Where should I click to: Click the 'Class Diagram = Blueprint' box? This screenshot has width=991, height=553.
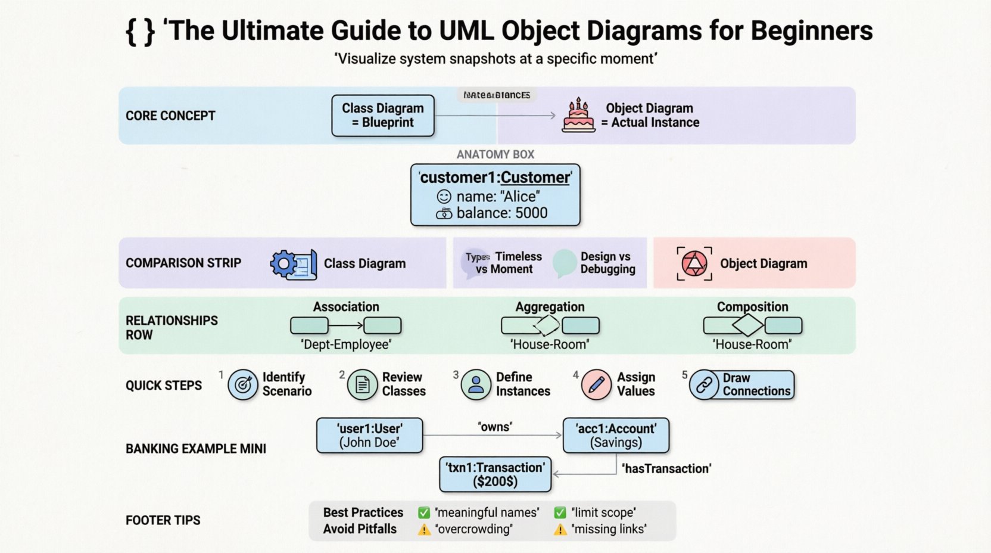click(382, 116)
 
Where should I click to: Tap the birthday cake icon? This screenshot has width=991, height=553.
click(578, 116)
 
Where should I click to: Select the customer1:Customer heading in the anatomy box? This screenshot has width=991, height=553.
click(495, 178)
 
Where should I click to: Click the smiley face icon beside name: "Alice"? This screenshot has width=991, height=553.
click(444, 197)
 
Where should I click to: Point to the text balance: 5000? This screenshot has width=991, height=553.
click(501, 213)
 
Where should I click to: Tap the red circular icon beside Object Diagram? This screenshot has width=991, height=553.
click(694, 263)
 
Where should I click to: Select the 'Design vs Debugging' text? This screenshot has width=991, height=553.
click(607, 263)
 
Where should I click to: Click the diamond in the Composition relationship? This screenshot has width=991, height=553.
click(748, 325)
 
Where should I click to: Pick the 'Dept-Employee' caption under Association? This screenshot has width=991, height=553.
click(346, 344)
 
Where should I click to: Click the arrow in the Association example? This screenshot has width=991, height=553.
click(346, 325)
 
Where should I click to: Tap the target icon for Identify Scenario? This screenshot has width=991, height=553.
click(243, 385)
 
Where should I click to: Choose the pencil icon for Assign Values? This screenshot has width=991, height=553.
click(596, 384)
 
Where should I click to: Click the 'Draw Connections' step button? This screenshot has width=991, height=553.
click(742, 385)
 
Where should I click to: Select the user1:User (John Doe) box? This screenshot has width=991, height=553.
click(369, 436)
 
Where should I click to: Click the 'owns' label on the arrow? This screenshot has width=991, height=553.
click(495, 427)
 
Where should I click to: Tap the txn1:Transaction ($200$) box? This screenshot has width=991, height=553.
click(495, 474)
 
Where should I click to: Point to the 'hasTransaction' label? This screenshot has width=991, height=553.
click(666, 469)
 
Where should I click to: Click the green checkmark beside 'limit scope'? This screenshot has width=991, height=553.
click(560, 512)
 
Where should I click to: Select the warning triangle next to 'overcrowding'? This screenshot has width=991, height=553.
click(424, 530)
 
